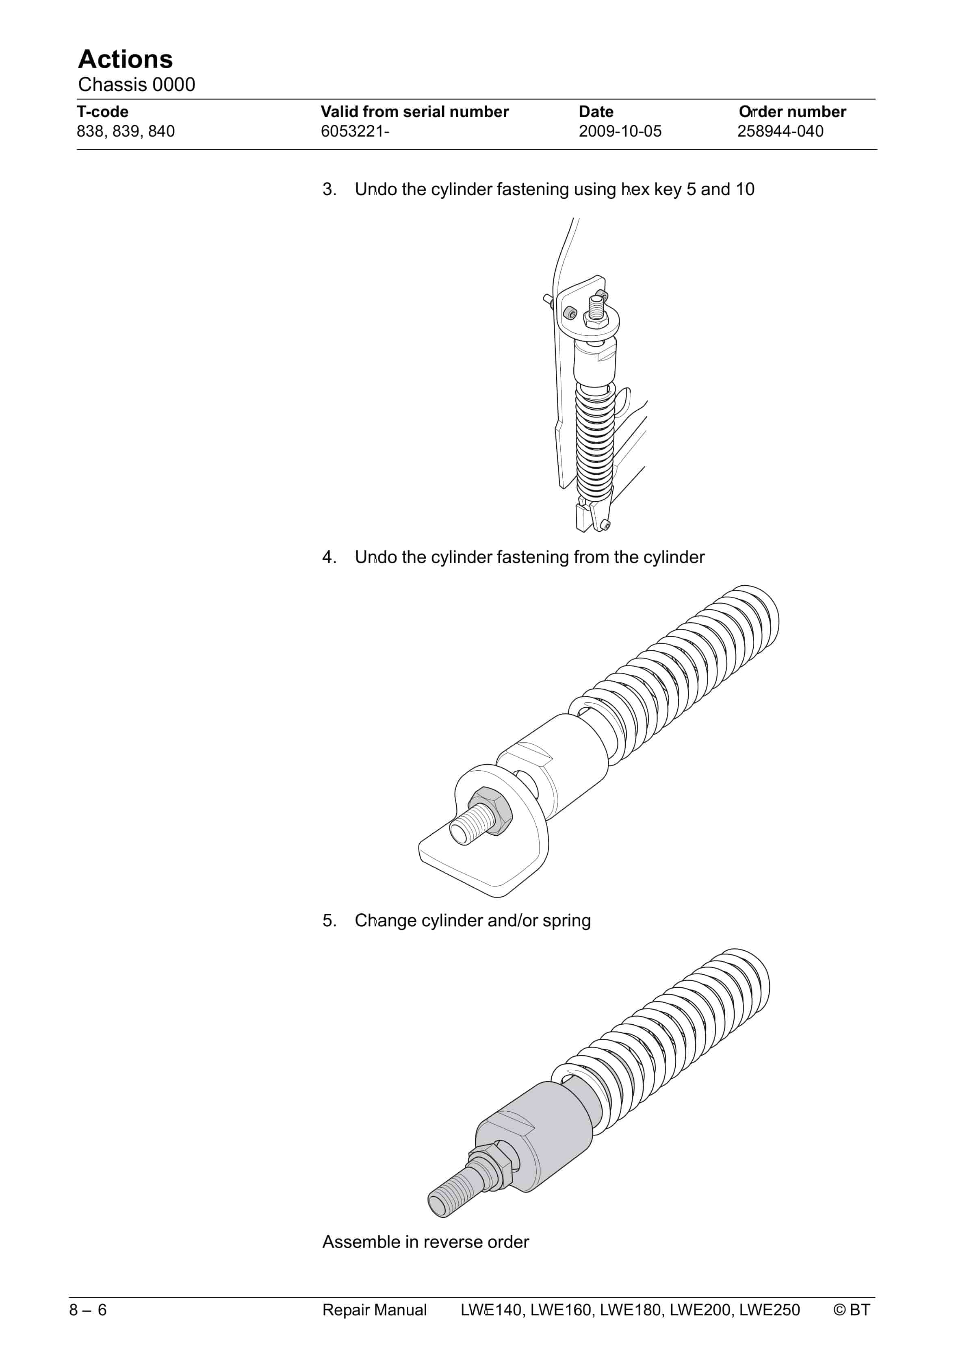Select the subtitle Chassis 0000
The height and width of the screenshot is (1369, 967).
(137, 85)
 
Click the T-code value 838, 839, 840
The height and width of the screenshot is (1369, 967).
(126, 131)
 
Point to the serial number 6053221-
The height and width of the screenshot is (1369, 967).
(356, 131)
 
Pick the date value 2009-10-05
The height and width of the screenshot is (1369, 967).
(620, 131)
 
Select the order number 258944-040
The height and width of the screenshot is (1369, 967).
(781, 131)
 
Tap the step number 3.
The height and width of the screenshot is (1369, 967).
(329, 189)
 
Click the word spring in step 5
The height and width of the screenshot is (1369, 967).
(566, 921)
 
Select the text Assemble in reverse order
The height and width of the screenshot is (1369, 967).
(426, 1242)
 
